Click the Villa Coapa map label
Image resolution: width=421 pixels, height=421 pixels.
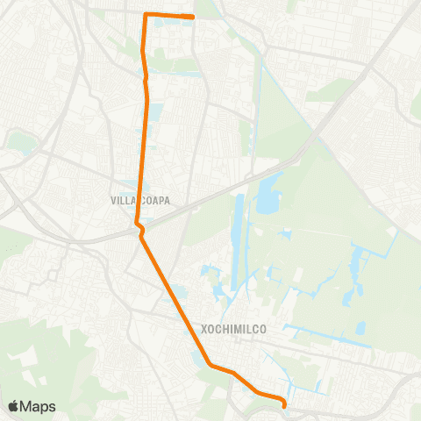[x=140, y=200]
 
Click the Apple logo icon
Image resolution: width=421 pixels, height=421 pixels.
[x=13, y=406]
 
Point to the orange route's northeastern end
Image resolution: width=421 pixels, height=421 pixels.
[x=193, y=17]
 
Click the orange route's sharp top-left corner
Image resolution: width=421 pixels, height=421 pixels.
[x=145, y=14]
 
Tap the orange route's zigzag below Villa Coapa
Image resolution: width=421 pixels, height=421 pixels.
[x=139, y=230]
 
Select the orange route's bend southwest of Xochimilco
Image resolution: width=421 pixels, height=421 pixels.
[x=209, y=364]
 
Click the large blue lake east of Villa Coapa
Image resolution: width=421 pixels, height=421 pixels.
[x=266, y=195]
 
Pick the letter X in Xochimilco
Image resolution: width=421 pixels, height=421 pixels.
[x=204, y=330]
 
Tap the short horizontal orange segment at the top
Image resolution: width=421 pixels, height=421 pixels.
[x=168, y=15]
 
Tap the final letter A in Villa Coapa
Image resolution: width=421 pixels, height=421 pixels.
[x=167, y=200]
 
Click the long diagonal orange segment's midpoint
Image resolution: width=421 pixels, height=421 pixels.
[x=174, y=298]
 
